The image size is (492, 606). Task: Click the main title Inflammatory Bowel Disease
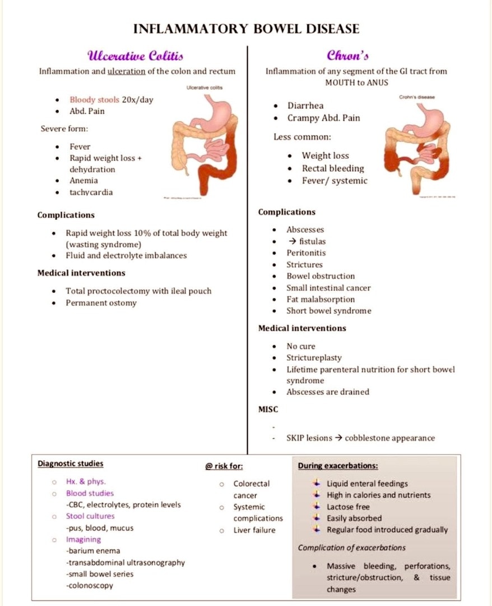[x=246, y=29]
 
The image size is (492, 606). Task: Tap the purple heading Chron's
[x=347, y=55]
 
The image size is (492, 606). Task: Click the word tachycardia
[x=91, y=192]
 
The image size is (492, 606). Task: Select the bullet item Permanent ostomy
[x=101, y=303]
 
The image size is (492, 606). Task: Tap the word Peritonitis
[x=306, y=252]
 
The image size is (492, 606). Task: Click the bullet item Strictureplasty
[x=314, y=357]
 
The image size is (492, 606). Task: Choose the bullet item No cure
[x=301, y=346]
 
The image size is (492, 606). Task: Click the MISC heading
[x=268, y=410]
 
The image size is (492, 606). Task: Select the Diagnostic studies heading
[x=70, y=463]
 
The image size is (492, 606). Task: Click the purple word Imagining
[x=83, y=539]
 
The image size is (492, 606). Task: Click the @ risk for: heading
[x=224, y=466]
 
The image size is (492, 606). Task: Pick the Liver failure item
[x=254, y=530]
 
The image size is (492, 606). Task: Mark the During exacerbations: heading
[x=337, y=466]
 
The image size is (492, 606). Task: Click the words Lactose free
[x=348, y=507]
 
